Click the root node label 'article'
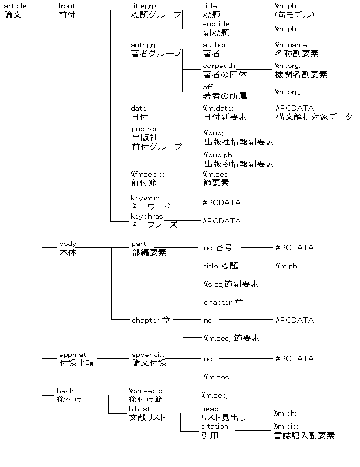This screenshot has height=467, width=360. pyautogui.click(x=15, y=6)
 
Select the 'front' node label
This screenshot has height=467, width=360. pyautogui.click(x=67, y=6)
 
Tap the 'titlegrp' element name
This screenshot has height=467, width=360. pyautogui.click(x=143, y=6)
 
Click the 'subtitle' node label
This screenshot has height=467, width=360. pyautogui.click(x=216, y=24)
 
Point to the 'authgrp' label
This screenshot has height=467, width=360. pyautogui.click(x=144, y=45)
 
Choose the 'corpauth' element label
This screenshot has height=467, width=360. pyautogui.click(x=219, y=66)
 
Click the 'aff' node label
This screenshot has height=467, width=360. pyautogui.click(x=208, y=87)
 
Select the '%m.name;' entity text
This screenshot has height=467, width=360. pyautogui.click(x=292, y=45)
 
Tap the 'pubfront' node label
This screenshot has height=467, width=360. pyautogui.click(x=147, y=129)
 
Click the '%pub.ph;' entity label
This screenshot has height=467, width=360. pyautogui.click(x=219, y=155)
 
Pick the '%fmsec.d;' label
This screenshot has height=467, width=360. pyautogui.click(x=148, y=174)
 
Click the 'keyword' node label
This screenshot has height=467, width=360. pyautogui.click(x=146, y=198)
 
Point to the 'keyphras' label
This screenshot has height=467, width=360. pyautogui.click(x=147, y=216)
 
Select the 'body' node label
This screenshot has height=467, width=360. pyautogui.click(x=67, y=244)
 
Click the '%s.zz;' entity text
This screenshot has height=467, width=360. pyautogui.click(x=214, y=284)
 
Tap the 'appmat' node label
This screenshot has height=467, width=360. pyautogui.click(x=72, y=355)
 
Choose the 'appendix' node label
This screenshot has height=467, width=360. pyautogui.click(x=148, y=355)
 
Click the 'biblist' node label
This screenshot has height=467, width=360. pyautogui.click(x=139, y=409)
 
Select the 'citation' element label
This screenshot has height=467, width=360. pyautogui.click(x=215, y=426)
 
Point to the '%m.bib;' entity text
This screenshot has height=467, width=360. pyautogui.click(x=286, y=426)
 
